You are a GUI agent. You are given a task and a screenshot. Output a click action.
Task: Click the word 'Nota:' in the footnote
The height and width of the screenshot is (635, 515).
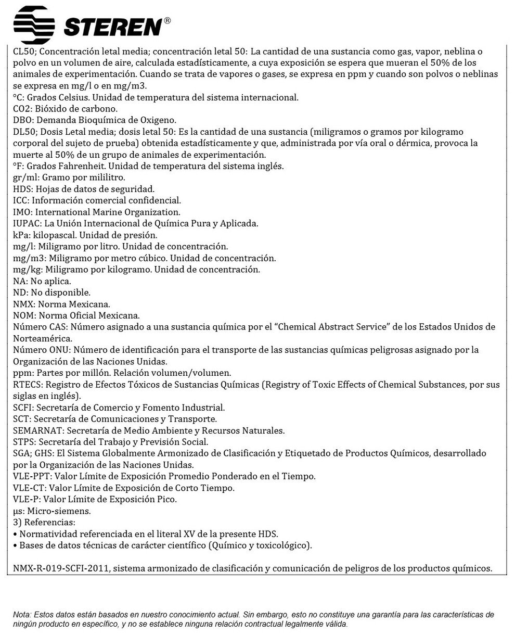tap(22, 615)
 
